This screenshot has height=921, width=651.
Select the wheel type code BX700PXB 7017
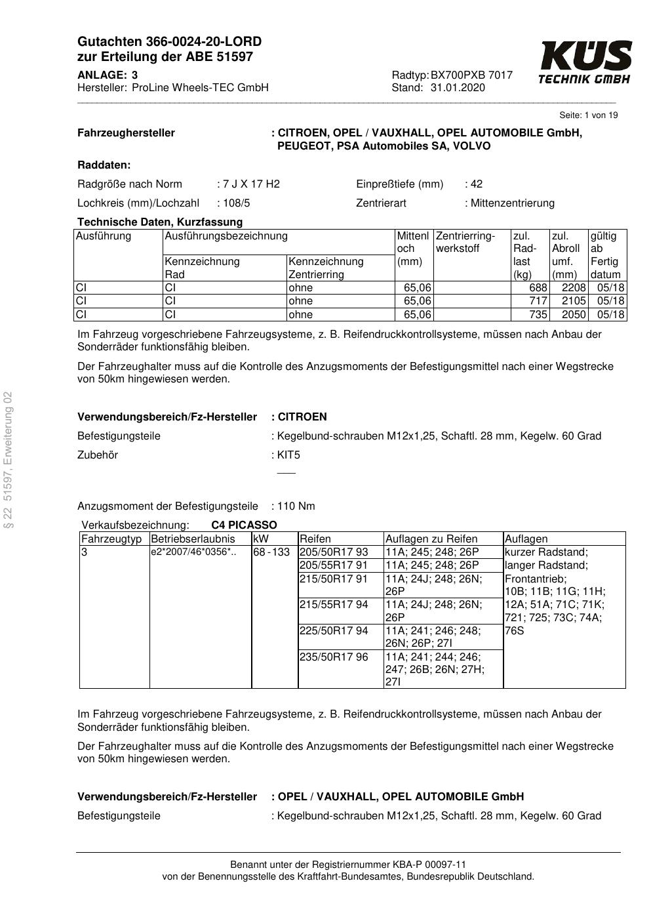point(471,75)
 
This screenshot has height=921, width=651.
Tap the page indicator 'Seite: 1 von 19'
point(588,115)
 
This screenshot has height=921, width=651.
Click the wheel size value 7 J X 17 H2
point(252,184)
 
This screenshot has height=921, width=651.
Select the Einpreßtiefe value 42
point(476,184)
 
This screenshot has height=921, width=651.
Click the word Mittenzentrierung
point(512,203)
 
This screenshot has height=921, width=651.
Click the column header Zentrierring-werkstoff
point(465,242)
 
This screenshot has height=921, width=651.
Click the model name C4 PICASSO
point(244,525)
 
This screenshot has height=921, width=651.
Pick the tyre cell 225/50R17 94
point(334,631)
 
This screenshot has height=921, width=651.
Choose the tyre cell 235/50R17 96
point(334,657)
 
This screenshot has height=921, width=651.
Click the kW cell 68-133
point(271,552)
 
